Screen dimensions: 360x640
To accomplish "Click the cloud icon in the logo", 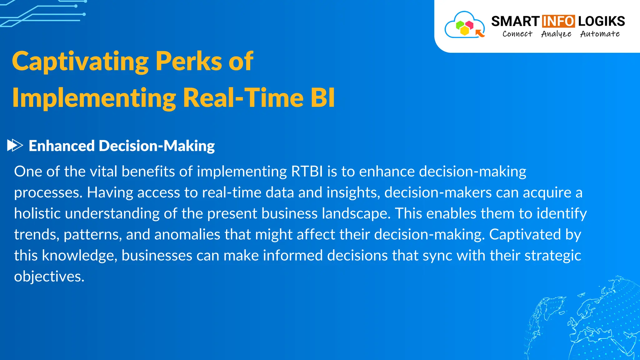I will [x=465, y=25].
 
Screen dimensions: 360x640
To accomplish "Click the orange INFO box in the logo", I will [x=558, y=21].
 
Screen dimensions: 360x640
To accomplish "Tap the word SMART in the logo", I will [x=515, y=21].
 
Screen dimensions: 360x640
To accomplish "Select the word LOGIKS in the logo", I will [x=601, y=21].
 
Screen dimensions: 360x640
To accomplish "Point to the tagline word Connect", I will [x=517, y=34].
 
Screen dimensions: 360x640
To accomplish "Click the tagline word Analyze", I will [x=556, y=34].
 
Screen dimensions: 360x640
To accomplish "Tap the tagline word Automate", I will [x=600, y=34].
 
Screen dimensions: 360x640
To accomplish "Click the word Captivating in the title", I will [x=80, y=62].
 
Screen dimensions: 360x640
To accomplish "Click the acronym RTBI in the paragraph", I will [x=307, y=172].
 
